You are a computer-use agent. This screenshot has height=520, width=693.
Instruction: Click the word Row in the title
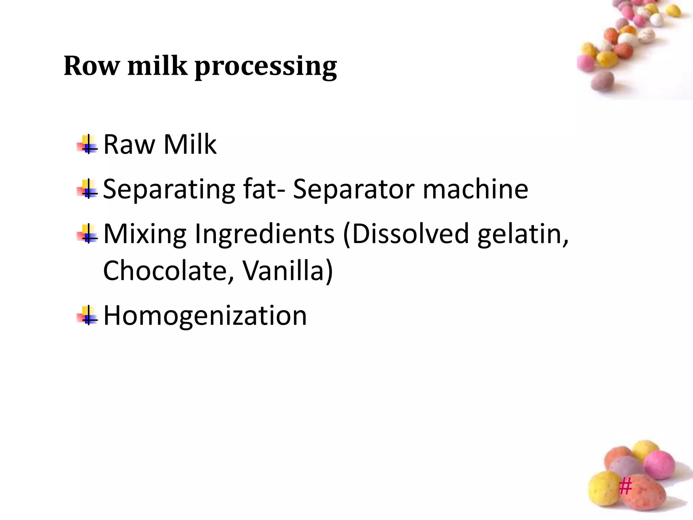pyautogui.click(x=91, y=66)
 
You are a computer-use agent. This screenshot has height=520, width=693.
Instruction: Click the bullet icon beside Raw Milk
pyautogui.click(x=88, y=145)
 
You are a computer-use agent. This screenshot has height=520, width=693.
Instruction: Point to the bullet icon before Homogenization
pyautogui.click(x=88, y=316)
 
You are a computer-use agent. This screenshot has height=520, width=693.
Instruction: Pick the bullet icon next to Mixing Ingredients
pyautogui.click(x=88, y=234)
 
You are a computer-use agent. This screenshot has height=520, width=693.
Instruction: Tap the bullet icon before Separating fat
pyautogui.click(x=88, y=189)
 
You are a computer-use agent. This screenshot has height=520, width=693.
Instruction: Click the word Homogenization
pyautogui.click(x=205, y=316)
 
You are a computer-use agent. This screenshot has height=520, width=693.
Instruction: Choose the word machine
pyautogui.click(x=475, y=189)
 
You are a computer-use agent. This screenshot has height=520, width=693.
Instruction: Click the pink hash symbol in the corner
pyautogui.click(x=625, y=486)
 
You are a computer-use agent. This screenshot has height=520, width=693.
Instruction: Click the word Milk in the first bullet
pyautogui.click(x=190, y=145)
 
